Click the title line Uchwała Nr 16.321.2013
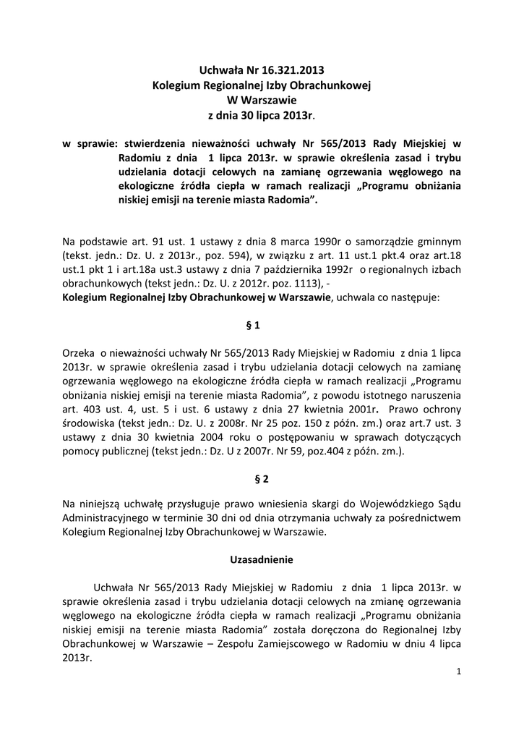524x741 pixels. point(262,70)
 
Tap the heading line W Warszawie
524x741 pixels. point(261,100)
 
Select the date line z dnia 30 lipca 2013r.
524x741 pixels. point(261,115)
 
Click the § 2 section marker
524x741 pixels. point(262,478)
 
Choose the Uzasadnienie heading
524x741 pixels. point(262,559)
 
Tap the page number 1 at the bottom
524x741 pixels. point(459,672)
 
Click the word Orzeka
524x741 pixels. point(79,355)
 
